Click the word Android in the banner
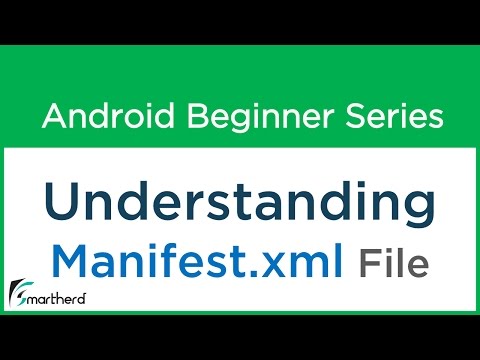99,117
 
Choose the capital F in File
367,264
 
